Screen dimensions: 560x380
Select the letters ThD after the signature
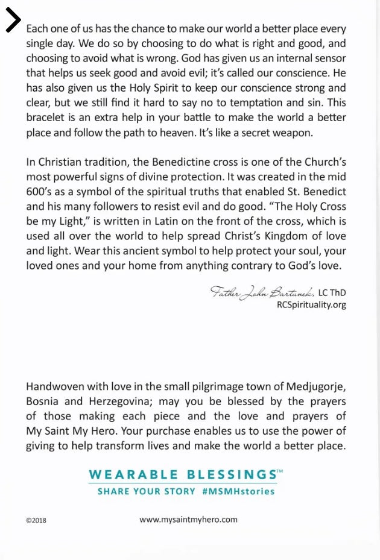[x=338, y=292]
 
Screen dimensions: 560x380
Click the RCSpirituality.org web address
[x=311, y=305]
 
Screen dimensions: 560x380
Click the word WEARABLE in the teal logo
[x=133, y=474]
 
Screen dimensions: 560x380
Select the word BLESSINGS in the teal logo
[x=230, y=474]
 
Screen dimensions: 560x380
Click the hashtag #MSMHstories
[x=238, y=491]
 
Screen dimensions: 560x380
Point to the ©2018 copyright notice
[x=36, y=520]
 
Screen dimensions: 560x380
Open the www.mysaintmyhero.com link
[x=188, y=519]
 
